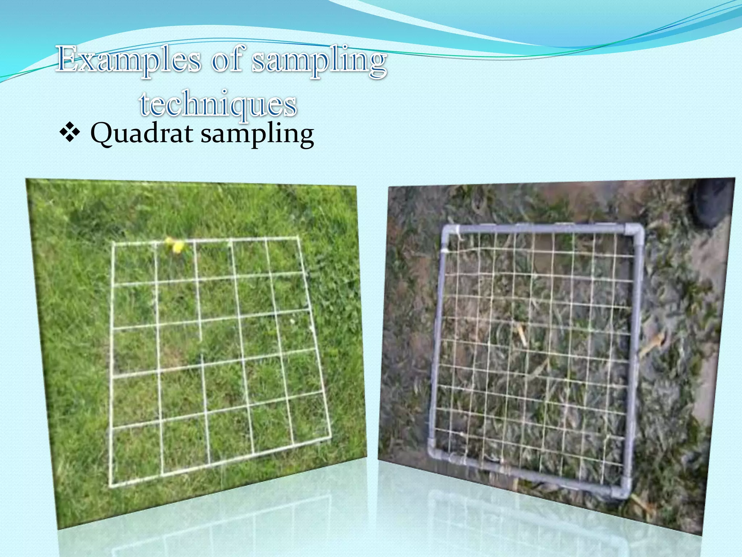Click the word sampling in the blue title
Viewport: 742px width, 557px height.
tap(319, 61)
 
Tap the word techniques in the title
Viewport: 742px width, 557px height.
tap(218, 104)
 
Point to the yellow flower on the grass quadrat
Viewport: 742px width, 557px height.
tap(176, 246)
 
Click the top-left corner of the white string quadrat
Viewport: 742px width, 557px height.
tap(113, 244)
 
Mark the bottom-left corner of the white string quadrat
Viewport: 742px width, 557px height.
tap(111, 485)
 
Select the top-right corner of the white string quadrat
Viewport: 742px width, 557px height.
tap(298, 238)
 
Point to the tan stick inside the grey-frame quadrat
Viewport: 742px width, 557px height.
tap(521, 334)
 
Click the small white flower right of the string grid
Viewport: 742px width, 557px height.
tap(292, 321)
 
